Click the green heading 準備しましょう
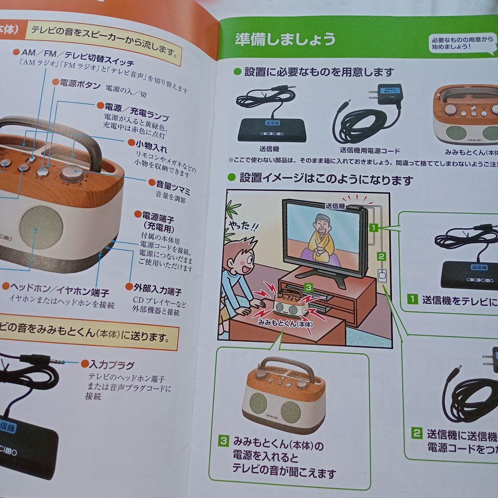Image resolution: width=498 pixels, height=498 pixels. (x=285, y=39)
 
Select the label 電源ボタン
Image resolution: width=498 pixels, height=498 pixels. (x=79, y=84)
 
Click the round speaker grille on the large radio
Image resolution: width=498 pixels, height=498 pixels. (x=41, y=227)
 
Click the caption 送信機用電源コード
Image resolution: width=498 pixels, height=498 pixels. (x=369, y=150)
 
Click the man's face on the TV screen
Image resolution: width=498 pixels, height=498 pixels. (x=321, y=225)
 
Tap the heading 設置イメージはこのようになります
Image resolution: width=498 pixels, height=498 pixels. (x=326, y=179)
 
